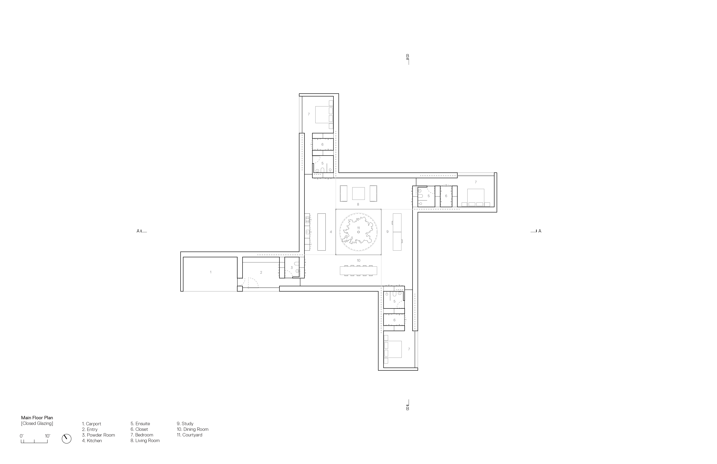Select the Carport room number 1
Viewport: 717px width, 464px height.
click(211, 272)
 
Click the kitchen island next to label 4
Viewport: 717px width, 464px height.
click(321, 232)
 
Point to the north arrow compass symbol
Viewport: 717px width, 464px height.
click(67, 439)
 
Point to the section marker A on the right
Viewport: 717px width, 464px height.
click(540, 231)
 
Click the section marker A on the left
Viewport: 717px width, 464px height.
click(138, 231)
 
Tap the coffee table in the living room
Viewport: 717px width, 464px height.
click(358, 193)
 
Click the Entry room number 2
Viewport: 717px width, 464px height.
click(261, 272)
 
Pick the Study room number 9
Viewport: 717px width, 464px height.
click(387, 232)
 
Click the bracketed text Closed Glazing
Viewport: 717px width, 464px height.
click(37, 423)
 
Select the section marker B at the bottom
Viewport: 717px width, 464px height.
click(408, 409)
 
